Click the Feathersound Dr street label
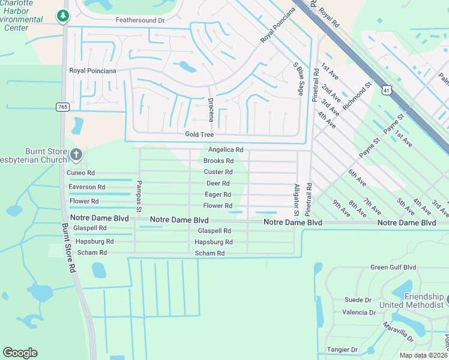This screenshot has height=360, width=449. pos(140,20)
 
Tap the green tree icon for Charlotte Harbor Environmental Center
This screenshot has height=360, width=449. pos(62,16)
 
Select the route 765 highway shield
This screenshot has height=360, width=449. pos(62,107)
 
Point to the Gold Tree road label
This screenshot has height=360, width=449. pos(199,135)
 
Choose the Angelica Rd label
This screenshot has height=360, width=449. pos(225,149)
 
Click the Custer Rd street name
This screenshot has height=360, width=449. pos(218,172)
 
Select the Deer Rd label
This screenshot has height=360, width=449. pos(218,184)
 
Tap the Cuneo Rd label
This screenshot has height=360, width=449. pos(82,173)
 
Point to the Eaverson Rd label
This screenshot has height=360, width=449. pos(86,187)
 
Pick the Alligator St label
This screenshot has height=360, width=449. pos(296,200)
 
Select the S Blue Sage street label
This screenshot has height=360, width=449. pos(298,78)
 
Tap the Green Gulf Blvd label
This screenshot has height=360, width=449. pos(393,268)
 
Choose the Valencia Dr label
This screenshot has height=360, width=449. pos(359,313)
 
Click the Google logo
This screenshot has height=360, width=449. pos(20,353)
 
